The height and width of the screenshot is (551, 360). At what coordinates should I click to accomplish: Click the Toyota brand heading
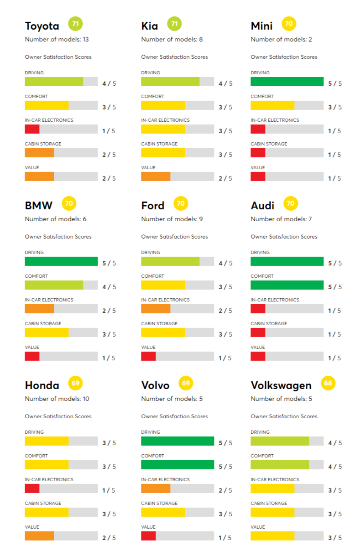click(42, 26)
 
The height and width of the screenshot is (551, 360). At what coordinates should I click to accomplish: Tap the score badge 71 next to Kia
click(174, 23)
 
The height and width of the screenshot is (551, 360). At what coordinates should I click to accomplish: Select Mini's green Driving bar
click(287, 82)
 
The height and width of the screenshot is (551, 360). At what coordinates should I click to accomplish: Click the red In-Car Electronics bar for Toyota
click(32, 129)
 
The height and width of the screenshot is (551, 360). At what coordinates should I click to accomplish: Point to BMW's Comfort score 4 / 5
click(109, 287)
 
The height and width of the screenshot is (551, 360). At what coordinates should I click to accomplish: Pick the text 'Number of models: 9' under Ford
click(172, 219)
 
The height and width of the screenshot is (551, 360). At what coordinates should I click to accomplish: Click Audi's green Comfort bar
click(287, 285)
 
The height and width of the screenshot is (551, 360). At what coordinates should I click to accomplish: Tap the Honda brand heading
click(42, 385)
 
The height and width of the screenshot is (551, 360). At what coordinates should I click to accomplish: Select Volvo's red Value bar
click(148, 536)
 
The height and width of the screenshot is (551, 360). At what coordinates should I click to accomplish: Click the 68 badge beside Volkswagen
click(328, 383)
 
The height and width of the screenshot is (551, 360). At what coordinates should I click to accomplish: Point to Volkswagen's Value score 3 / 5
click(335, 538)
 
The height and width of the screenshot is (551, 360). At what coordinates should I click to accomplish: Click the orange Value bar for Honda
click(39, 536)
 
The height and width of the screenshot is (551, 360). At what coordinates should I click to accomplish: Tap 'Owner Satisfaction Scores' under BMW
click(58, 237)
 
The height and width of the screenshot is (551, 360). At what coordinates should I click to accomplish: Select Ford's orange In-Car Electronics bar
click(156, 309)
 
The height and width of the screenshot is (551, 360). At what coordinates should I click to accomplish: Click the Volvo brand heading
click(155, 385)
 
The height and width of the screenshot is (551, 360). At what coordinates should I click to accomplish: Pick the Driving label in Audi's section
click(260, 252)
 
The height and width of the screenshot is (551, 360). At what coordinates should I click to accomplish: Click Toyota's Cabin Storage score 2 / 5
click(109, 155)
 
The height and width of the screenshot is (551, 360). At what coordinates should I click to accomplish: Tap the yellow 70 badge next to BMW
click(69, 203)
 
